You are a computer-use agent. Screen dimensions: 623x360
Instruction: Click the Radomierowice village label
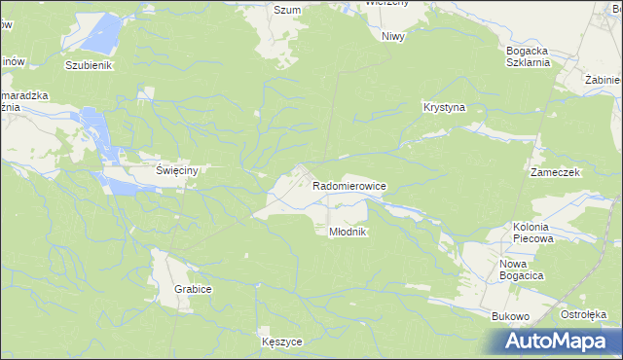tap(349, 185)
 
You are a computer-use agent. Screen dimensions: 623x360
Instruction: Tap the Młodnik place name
tap(346, 232)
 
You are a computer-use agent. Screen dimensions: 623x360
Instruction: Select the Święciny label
tap(177, 170)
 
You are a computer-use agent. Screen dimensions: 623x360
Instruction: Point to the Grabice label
tap(193, 290)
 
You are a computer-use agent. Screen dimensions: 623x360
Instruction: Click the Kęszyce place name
tap(282, 342)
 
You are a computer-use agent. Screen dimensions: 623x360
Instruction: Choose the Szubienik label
tap(90, 66)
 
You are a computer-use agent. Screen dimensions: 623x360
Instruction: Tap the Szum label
tap(286, 10)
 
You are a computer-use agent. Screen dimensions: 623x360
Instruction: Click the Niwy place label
tap(393, 36)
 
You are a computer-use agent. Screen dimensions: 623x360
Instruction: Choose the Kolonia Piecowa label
tap(532, 232)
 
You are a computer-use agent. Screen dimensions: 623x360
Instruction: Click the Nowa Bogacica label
tap(521, 270)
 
